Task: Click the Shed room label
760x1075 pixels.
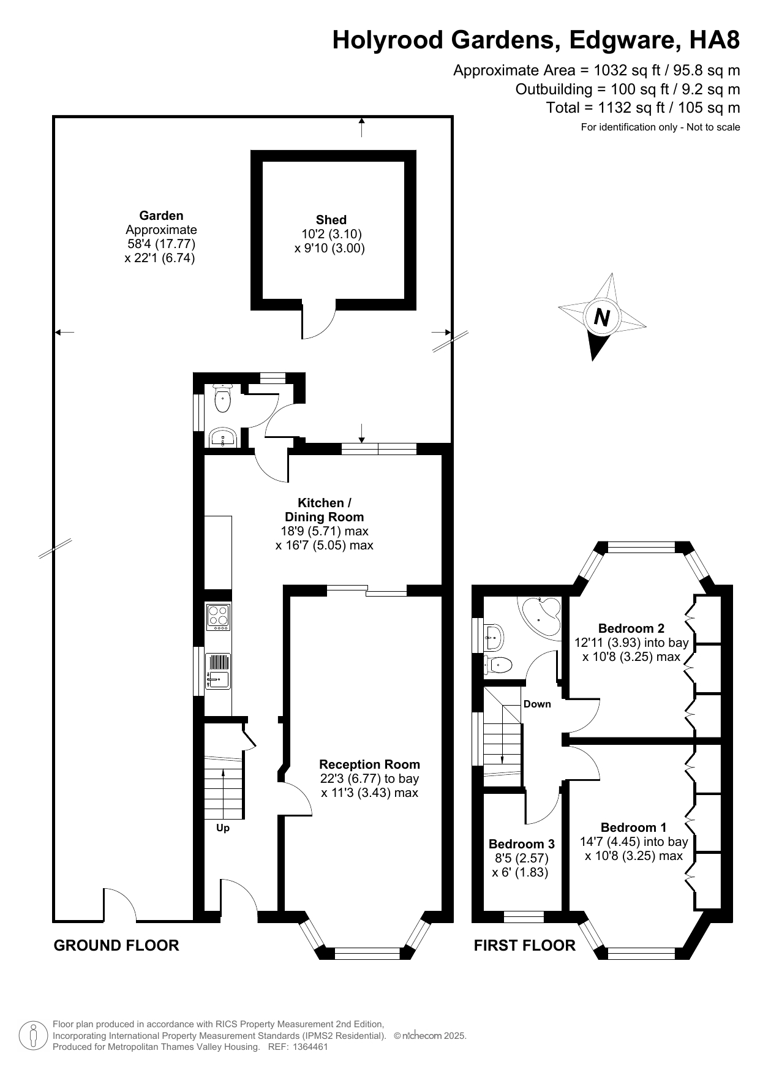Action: tap(331, 220)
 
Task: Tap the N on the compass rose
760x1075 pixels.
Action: tap(602, 317)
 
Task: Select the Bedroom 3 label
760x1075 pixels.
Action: tap(521, 844)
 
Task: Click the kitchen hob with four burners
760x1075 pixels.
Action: tap(218, 617)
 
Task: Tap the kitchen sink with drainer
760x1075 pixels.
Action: tap(218, 671)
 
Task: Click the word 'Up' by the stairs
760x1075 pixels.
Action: tap(223, 828)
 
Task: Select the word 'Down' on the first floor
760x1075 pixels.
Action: tap(537, 704)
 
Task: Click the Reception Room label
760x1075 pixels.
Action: tap(369, 764)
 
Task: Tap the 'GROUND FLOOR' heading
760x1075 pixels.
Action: tap(116, 946)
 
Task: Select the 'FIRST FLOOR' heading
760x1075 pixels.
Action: tap(525, 946)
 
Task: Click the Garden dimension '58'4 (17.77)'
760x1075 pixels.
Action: tap(160, 244)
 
